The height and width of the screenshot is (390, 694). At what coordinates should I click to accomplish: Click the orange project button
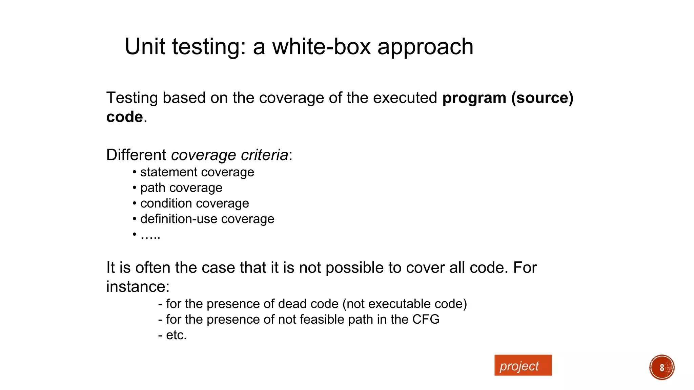click(523, 365)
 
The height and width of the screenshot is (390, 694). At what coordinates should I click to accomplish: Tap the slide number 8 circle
click(661, 367)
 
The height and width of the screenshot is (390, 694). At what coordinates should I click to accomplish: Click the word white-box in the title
click(321, 47)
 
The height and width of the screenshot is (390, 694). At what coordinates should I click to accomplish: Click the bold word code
click(124, 117)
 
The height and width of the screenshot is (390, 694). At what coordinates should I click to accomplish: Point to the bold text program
click(474, 98)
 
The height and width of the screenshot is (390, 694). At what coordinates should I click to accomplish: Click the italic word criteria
click(264, 155)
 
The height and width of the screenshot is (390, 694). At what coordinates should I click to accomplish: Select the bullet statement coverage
click(197, 172)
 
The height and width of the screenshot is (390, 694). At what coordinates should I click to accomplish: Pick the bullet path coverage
click(181, 188)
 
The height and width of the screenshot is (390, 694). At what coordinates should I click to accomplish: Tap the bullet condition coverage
click(195, 203)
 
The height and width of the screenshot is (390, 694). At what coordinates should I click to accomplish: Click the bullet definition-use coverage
click(207, 219)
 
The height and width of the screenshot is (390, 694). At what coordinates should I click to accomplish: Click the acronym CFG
click(426, 320)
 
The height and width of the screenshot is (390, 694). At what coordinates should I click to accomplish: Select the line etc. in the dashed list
click(176, 335)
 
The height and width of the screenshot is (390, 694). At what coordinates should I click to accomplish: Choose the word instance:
click(138, 287)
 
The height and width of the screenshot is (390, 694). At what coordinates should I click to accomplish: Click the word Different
click(136, 155)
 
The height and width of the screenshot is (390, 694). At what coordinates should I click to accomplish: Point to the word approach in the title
click(425, 47)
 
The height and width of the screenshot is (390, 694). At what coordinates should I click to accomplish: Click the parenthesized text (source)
click(542, 98)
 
